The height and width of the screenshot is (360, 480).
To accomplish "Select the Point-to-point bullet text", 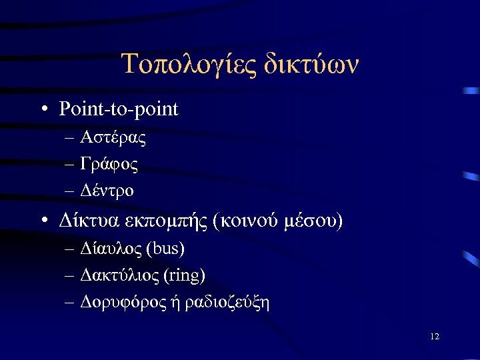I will [x=119, y=109].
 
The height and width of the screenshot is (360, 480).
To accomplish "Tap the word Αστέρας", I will [x=113, y=139].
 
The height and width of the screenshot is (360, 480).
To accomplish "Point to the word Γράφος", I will [x=109, y=164].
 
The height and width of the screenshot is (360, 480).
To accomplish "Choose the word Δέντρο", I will [x=107, y=190].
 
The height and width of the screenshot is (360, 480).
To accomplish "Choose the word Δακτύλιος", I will [x=118, y=275].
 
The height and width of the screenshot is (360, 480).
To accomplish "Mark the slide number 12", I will [x=435, y=337].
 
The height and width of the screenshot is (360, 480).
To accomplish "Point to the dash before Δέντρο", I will [x=70, y=191].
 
